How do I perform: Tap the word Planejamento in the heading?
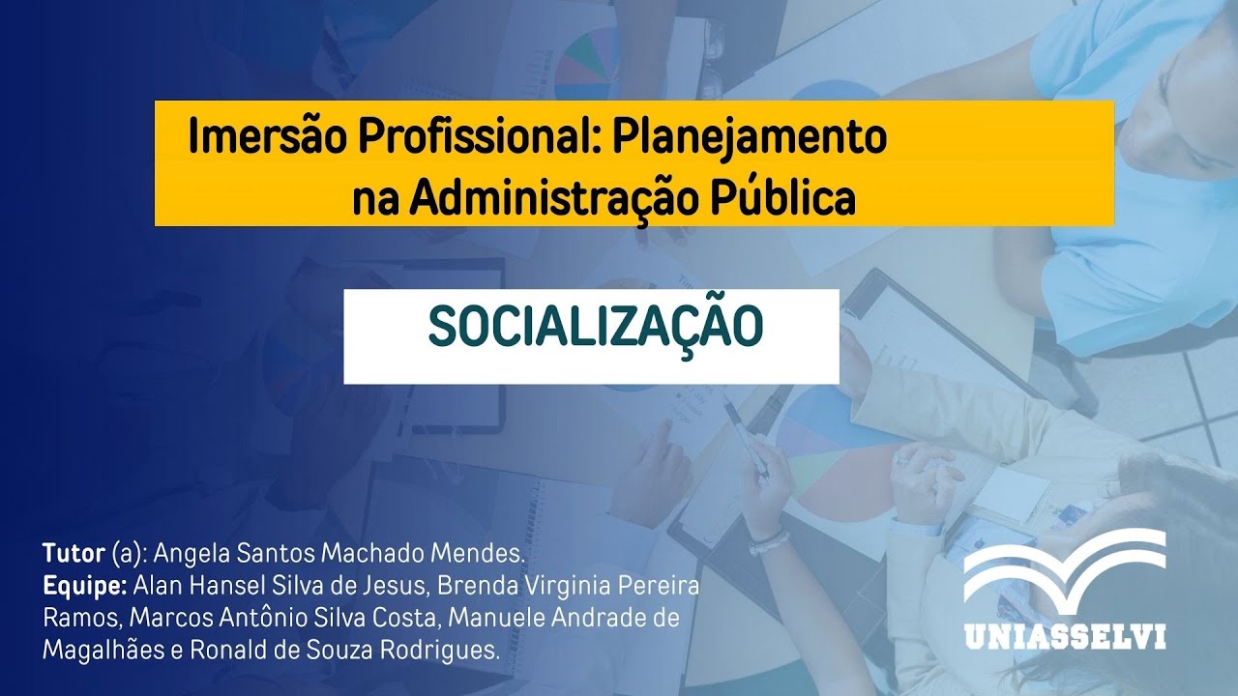[749, 137]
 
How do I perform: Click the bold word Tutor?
[74, 554]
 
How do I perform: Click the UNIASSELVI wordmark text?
[1065, 637]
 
